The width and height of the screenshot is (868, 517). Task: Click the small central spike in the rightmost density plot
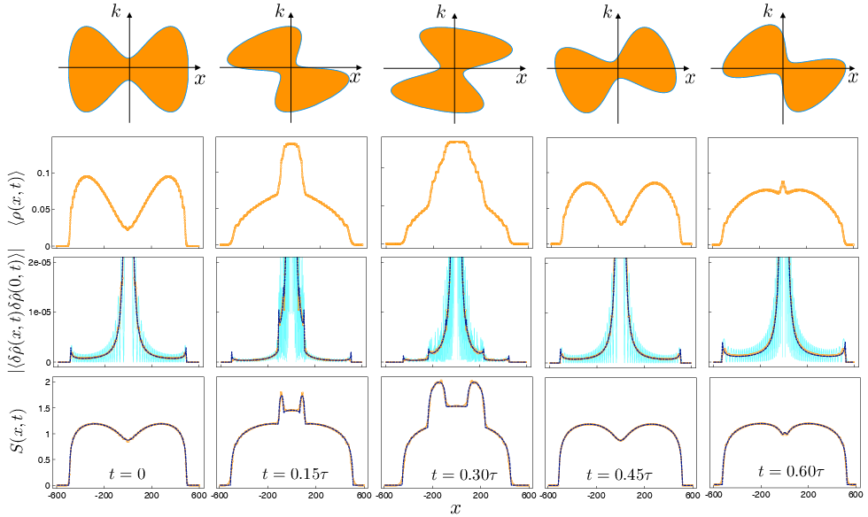tap(782, 183)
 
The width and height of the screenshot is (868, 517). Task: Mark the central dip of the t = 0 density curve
tap(129, 228)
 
